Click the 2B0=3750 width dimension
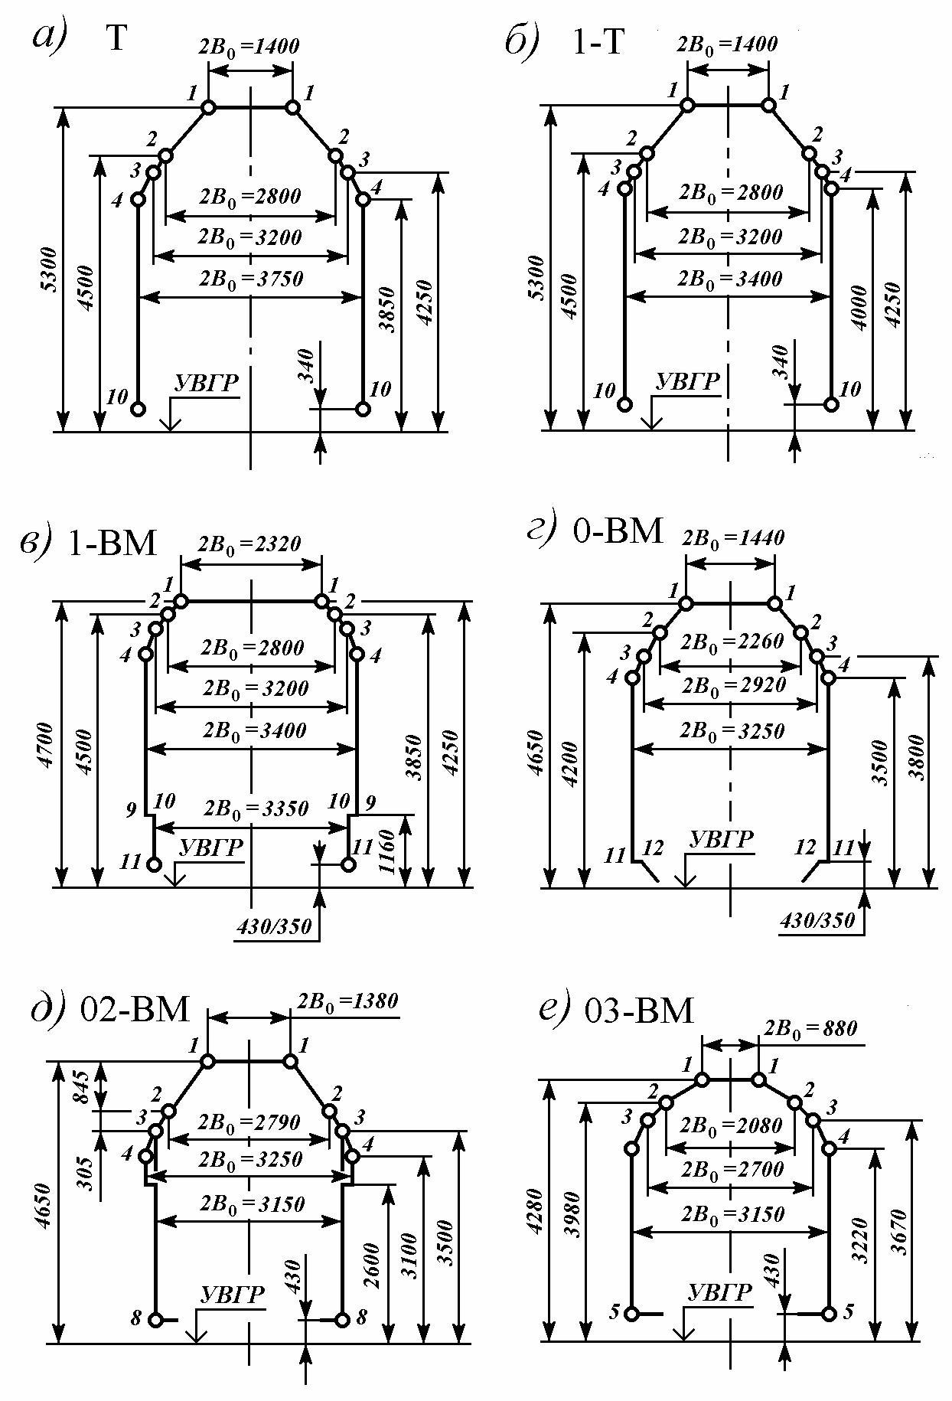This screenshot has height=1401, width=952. pos(251,279)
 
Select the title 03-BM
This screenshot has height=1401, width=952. pos(638,1011)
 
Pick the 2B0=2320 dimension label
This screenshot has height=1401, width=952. pos(250,544)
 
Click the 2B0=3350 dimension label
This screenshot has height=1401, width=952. pos(256,809)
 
